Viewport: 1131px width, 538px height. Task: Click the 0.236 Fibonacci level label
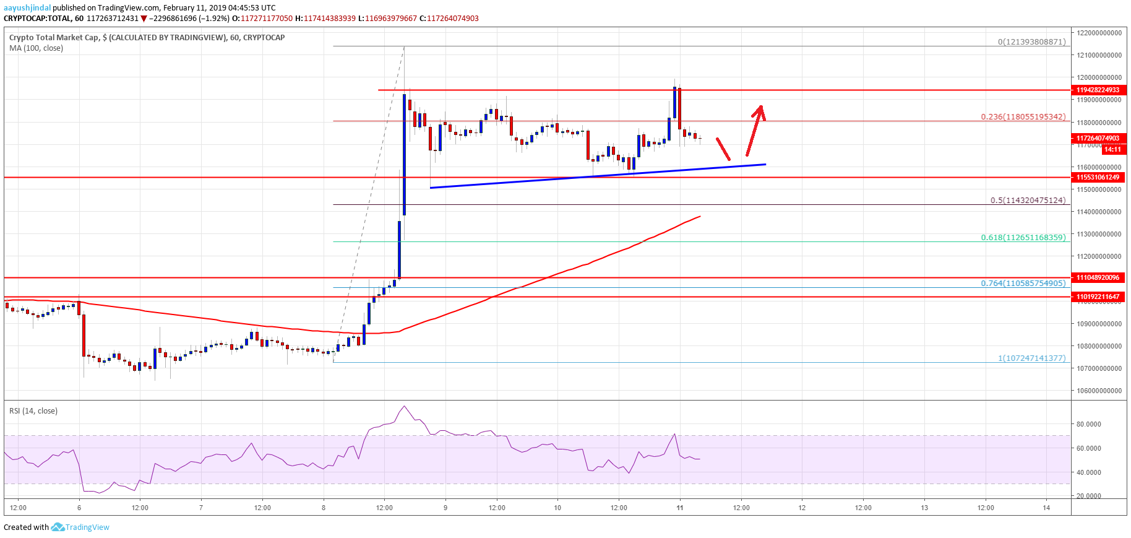point(1023,116)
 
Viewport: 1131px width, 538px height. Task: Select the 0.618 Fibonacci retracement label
point(1023,237)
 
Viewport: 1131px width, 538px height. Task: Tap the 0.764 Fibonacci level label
point(1023,283)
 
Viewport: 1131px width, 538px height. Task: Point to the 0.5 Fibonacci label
point(1028,200)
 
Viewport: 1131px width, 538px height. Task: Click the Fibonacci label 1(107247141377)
point(1031,358)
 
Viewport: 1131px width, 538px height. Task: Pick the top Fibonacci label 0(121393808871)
point(1031,42)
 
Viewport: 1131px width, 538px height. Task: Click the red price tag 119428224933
point(1098,90)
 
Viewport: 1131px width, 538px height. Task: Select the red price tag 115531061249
point(1098,177)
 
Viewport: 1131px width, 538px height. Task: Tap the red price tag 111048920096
point(1098,277)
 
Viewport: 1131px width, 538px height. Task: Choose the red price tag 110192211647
point(1098,297)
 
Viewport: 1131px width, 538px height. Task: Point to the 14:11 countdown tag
point(1112,149)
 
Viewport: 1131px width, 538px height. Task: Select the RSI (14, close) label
point(33,411)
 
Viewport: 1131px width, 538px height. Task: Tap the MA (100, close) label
point(36,48)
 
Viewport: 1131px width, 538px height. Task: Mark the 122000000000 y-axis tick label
point(1098,33)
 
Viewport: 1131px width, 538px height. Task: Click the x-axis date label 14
point(1046,508)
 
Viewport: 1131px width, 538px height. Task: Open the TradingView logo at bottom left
point(80,527)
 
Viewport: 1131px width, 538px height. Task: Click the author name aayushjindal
point(27,8)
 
